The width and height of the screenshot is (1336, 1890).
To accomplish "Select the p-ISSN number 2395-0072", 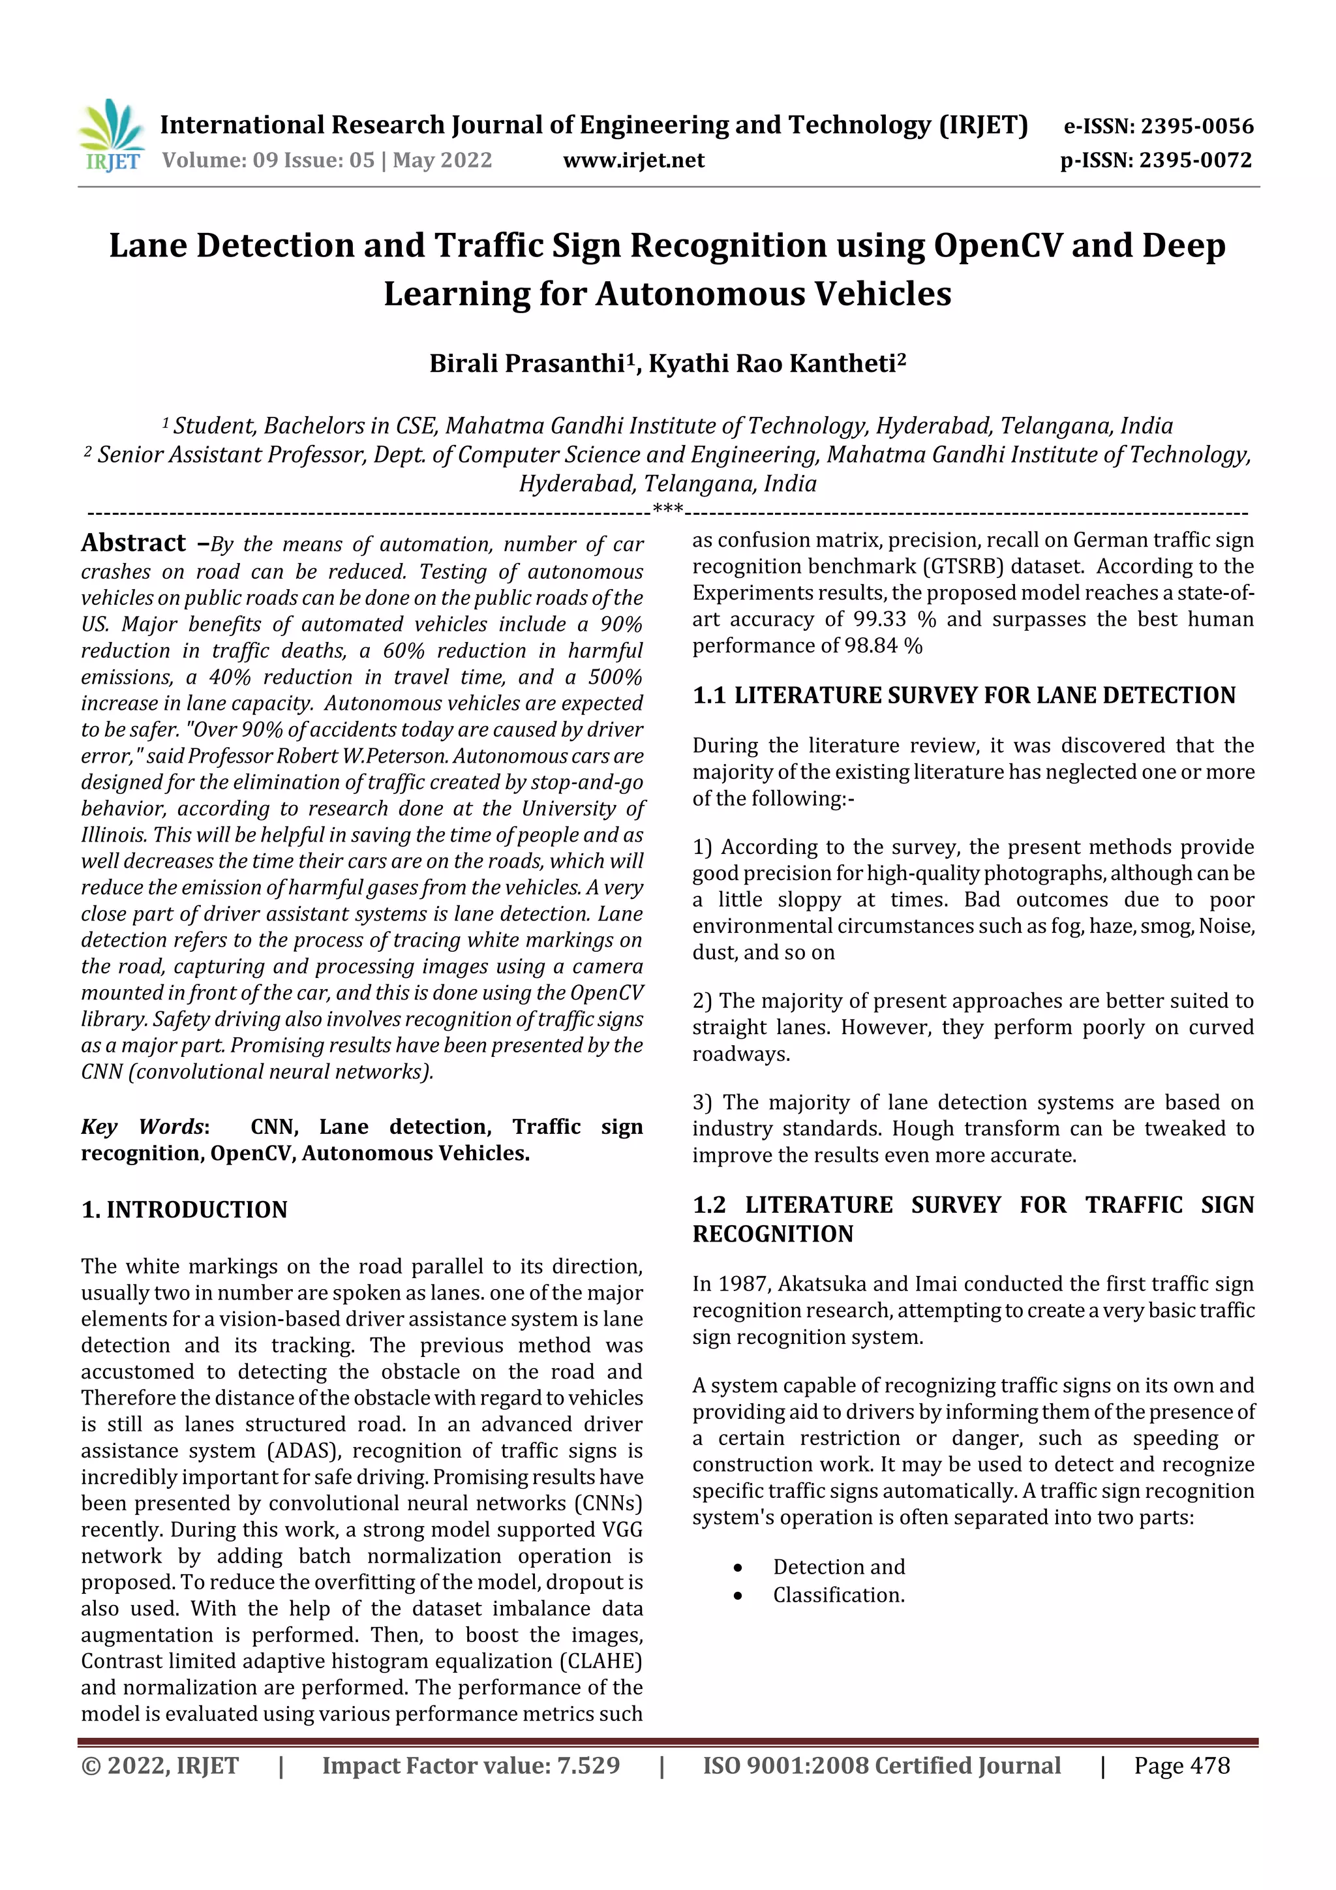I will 1195,160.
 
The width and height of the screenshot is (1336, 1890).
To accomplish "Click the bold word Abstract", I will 133,543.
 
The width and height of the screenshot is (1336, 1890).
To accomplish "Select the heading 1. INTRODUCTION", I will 185,1210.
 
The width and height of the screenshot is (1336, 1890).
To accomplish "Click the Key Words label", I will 144,1127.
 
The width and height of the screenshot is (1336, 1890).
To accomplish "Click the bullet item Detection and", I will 838,1566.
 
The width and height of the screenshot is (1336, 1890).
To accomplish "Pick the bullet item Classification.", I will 838,1595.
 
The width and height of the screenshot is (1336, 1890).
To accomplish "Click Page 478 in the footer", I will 1181,1765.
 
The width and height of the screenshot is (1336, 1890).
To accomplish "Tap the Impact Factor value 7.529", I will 588,1765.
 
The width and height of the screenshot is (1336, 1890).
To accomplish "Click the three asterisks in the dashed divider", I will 667,509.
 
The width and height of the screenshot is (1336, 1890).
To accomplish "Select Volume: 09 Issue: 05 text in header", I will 268,160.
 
